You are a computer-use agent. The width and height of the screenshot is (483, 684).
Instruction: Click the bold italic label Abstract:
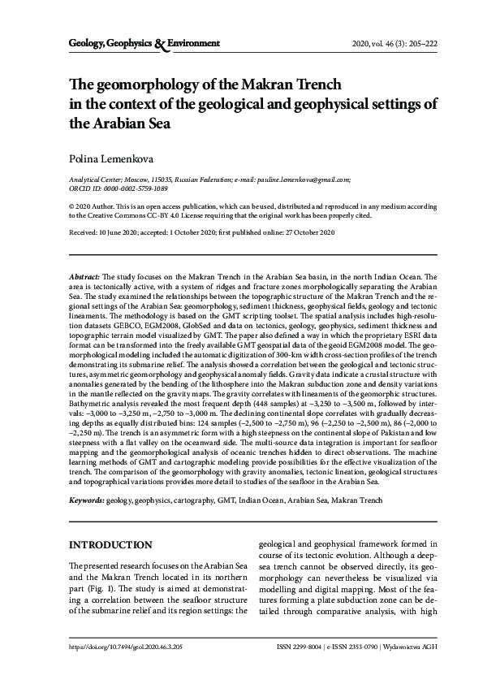pyautogui.click(x=84, y=277)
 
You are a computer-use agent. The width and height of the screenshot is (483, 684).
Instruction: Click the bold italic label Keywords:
pyautogui.click(x=87, y=504)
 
